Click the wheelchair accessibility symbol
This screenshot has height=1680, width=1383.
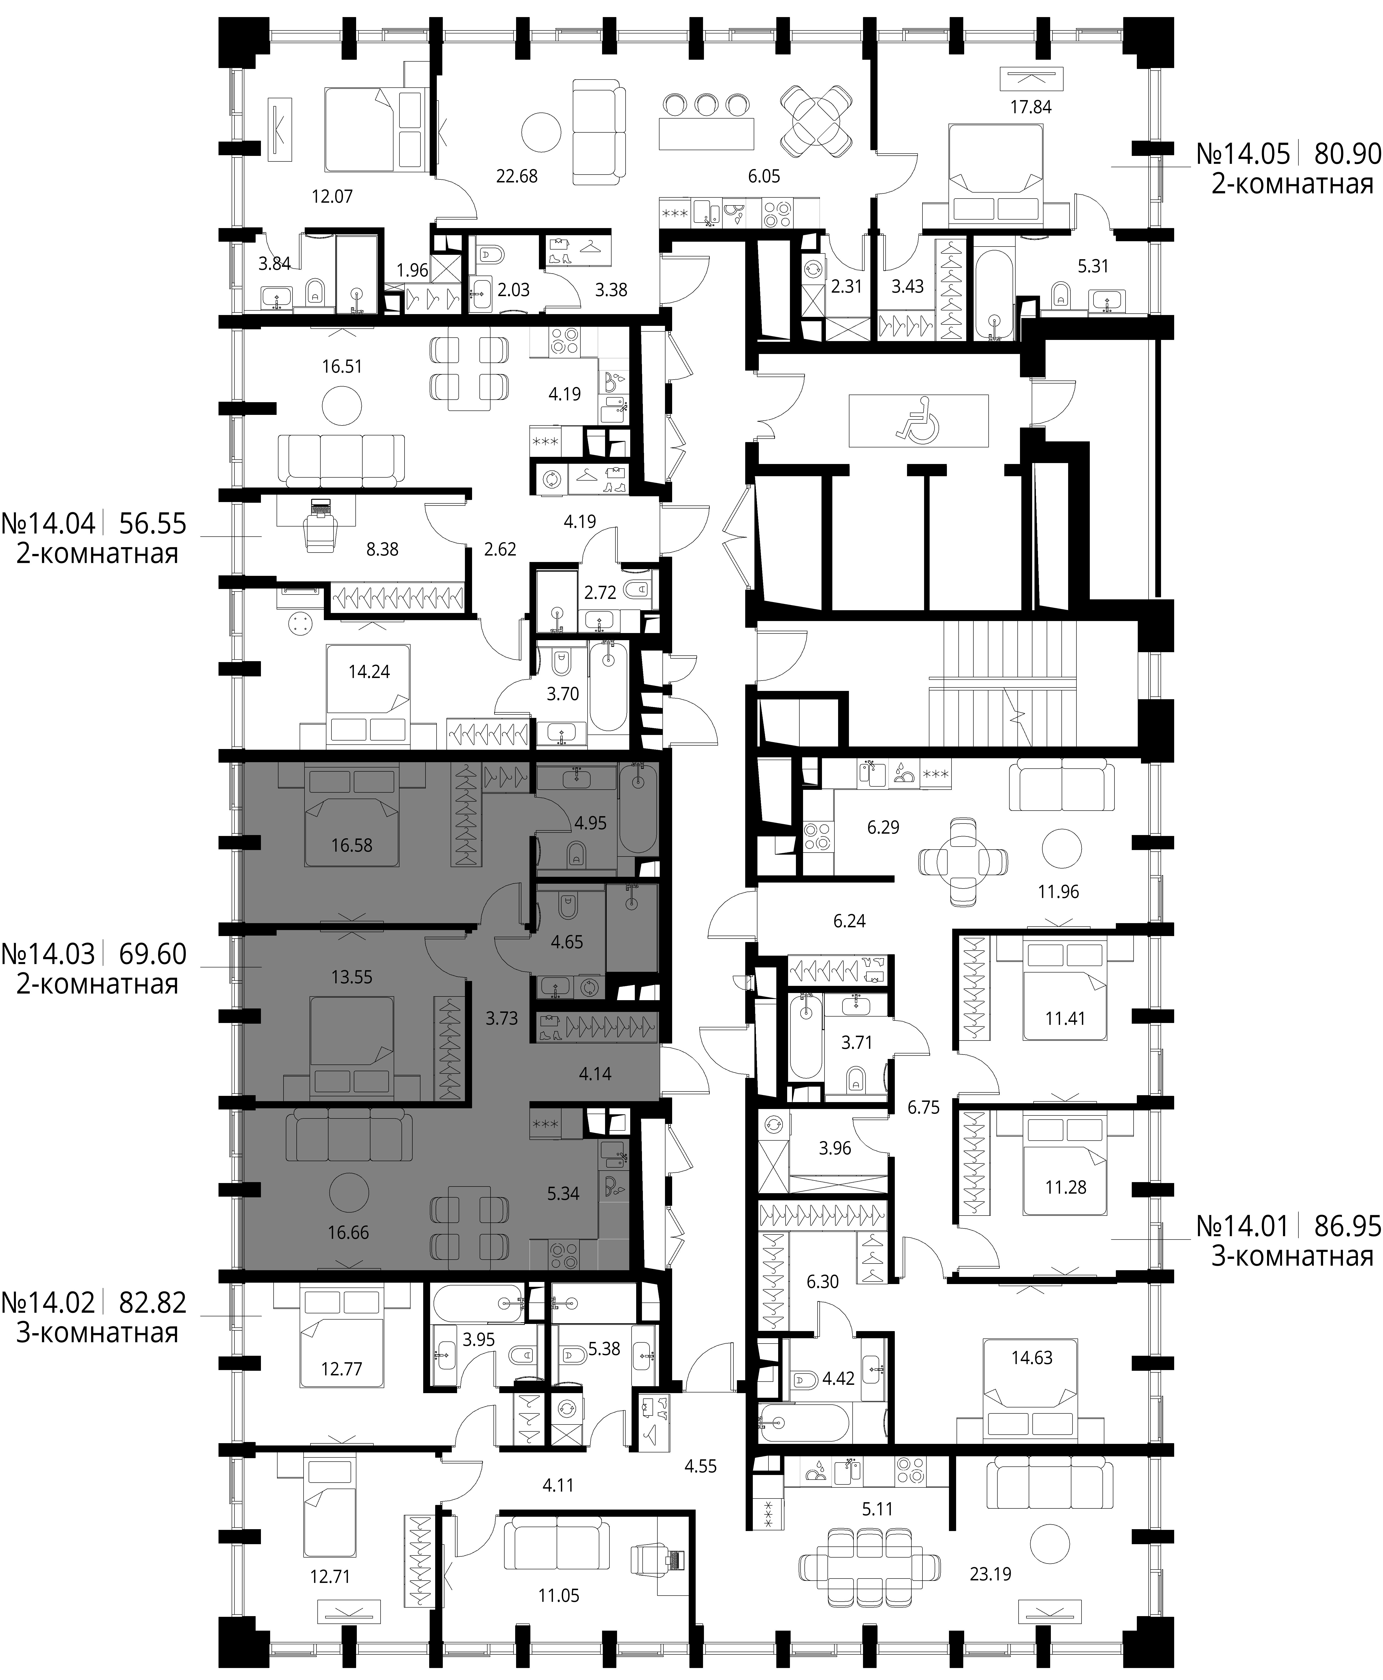[x=918, y=420]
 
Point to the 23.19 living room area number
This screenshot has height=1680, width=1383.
[x=990, y=1574]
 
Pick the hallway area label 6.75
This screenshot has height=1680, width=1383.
[x=923, y=1107]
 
